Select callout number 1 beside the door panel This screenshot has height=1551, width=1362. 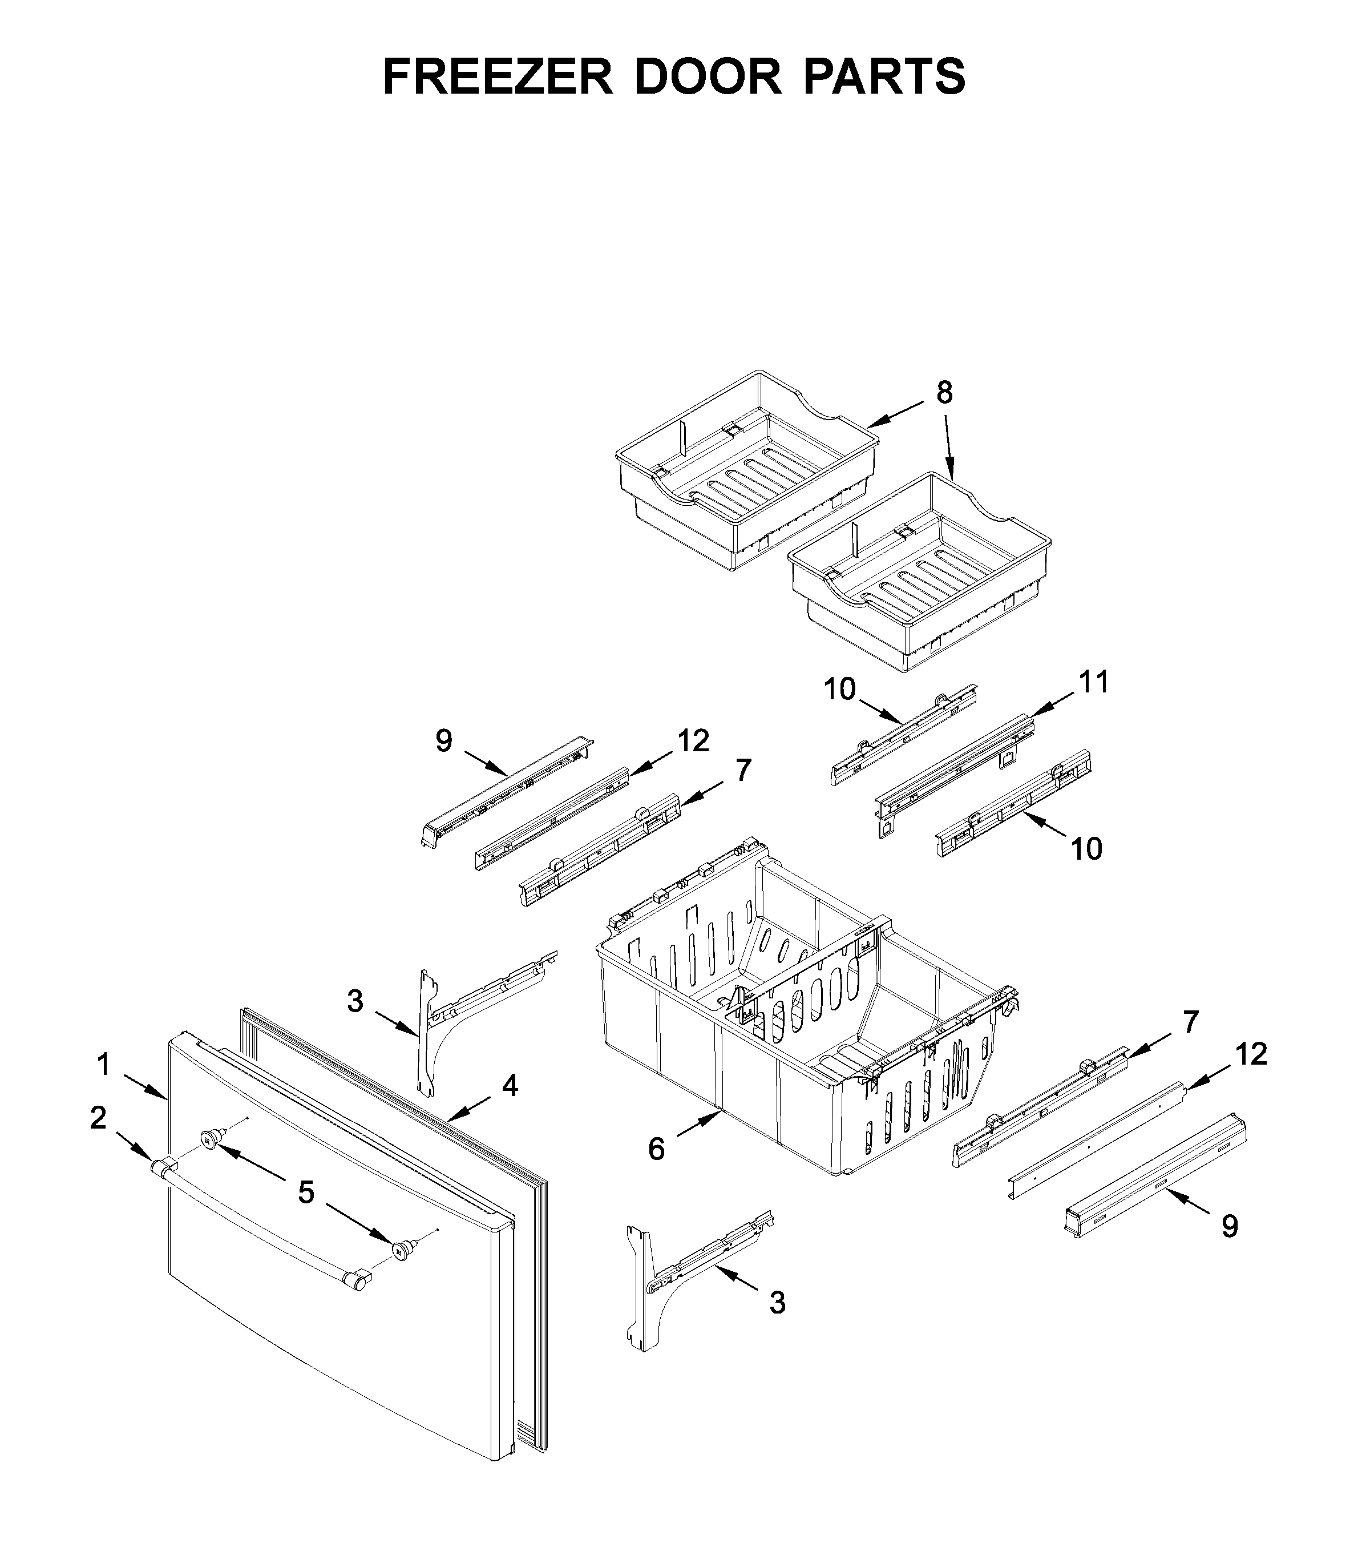pos(104,1065)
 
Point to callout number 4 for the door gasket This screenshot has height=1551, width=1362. pos(510,1086)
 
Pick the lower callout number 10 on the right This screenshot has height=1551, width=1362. pos(1086,848)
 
